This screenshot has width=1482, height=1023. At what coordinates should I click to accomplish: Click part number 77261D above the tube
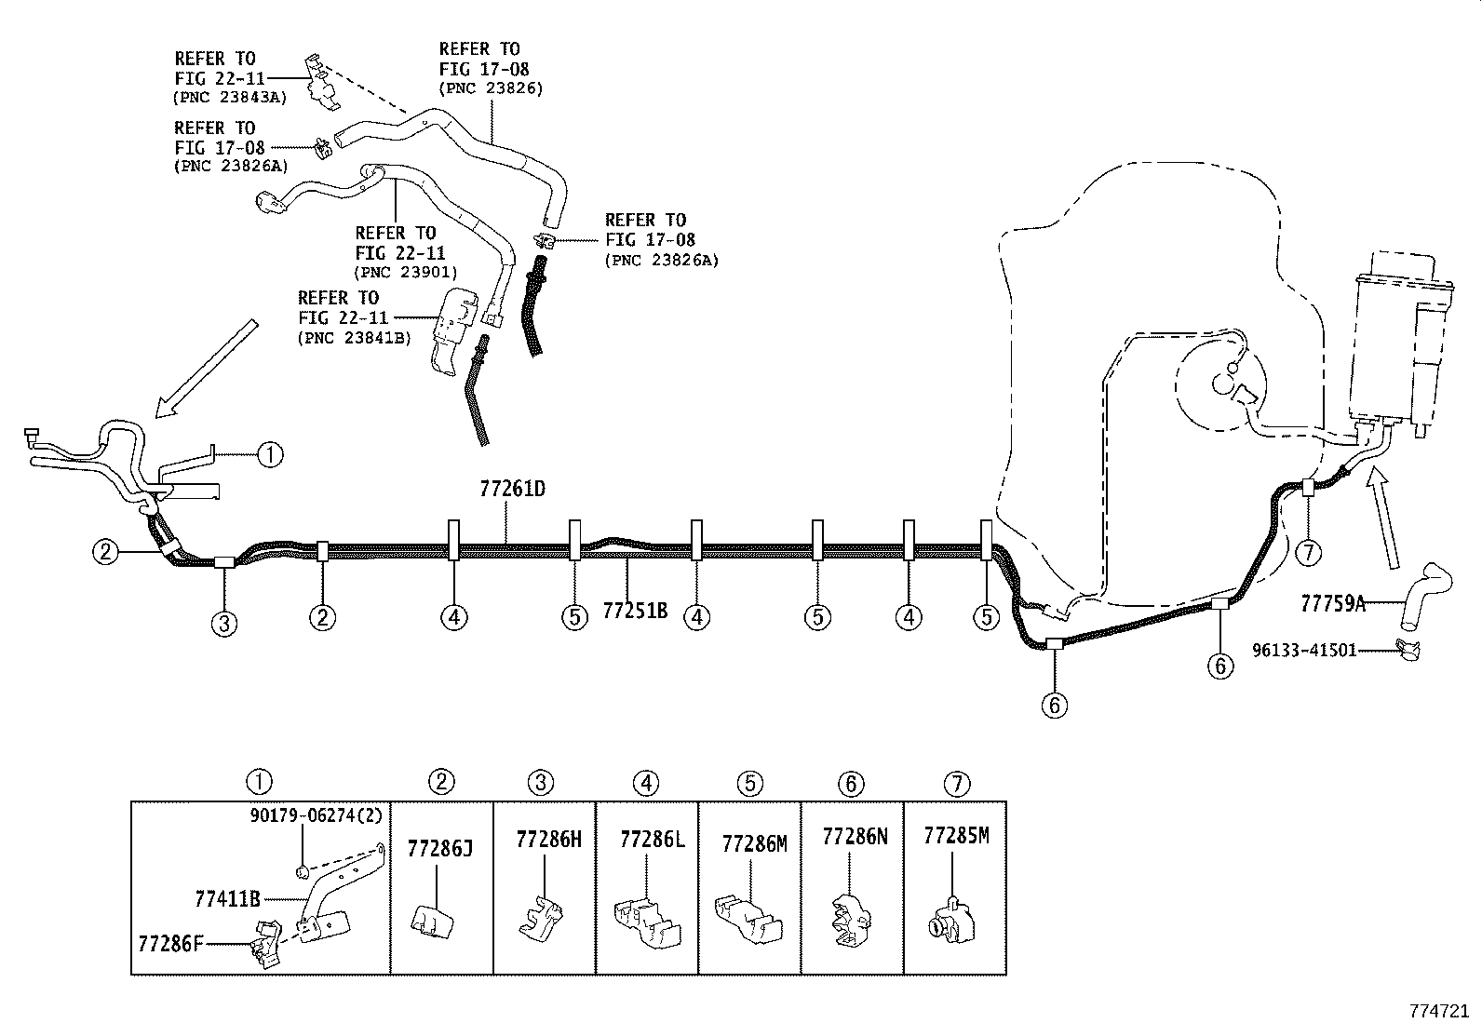[x=512, y=488]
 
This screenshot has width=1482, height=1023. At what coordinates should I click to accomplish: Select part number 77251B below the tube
[x=635, y=611]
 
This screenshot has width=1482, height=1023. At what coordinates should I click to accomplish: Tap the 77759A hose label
[x=1332, y=603]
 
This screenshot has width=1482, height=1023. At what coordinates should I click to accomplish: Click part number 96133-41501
[x=1303, y=650]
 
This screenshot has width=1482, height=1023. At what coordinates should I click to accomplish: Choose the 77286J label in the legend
[x=440, y=848]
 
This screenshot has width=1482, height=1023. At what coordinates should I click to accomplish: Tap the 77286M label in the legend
[x=754, y=843]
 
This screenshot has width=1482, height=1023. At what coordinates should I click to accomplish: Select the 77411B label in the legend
[x=227, y=899]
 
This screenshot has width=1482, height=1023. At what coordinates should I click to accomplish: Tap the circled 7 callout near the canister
[x=1308, y=553]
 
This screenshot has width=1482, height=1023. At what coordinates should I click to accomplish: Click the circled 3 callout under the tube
[x=224, y=623]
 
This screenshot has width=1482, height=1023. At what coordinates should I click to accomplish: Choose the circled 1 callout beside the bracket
[x=270, y=454]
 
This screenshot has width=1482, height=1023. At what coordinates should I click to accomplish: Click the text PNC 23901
[x=405, y=272]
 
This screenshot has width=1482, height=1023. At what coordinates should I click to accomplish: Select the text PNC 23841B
[x=354, y=338]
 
